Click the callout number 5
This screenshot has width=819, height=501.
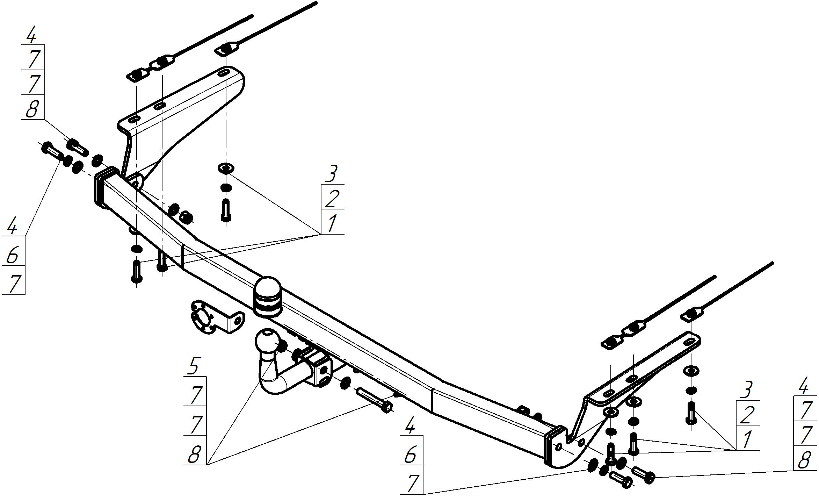tap(194, 366)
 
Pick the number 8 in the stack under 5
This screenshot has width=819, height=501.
tap(194, 455)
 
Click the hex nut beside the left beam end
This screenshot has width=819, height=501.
tap(186, 217)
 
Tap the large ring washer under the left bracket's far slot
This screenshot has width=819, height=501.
tap(226, 168)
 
